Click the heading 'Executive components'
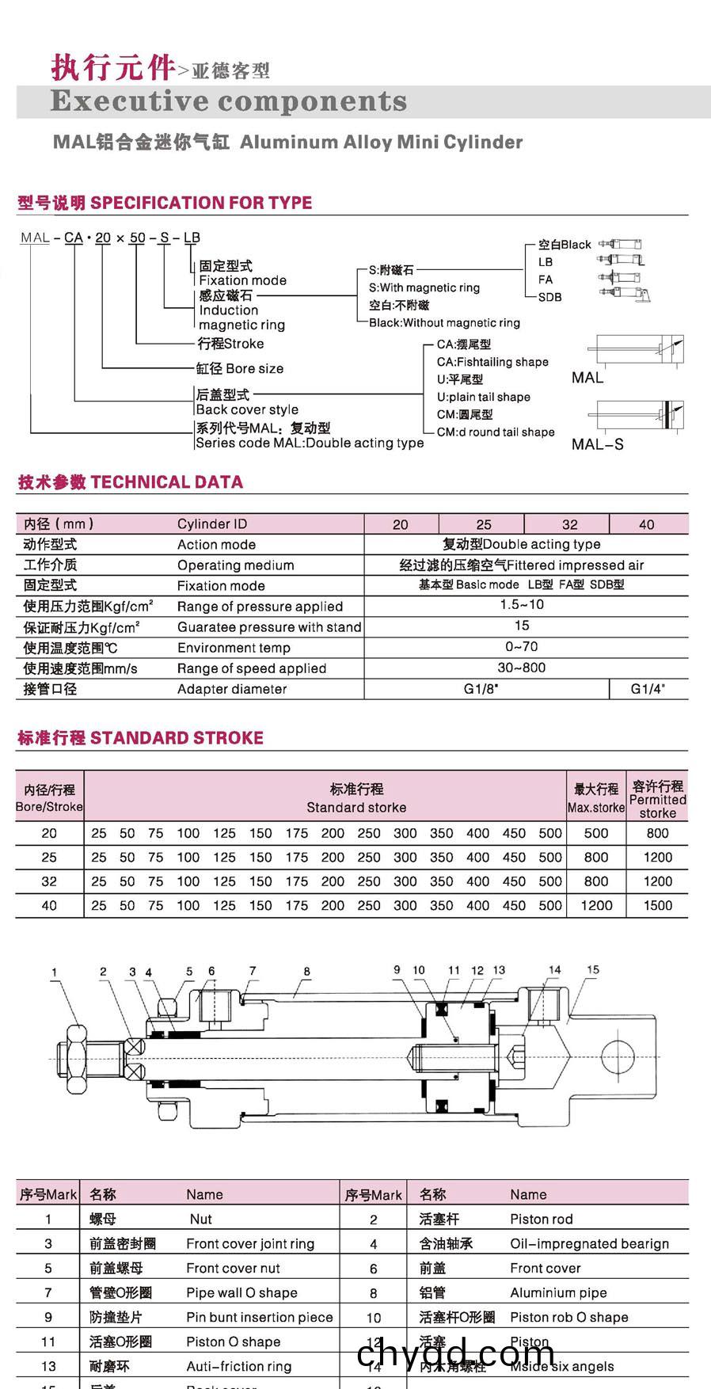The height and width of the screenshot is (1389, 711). [x=228, y=101]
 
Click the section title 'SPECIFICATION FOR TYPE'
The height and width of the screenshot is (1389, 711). [x=201, y=203]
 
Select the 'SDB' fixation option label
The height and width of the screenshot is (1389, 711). [x=549, y=297]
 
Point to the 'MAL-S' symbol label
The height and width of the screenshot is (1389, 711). [x=598, y=444]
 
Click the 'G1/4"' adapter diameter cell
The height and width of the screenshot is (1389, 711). [x=648, y=689]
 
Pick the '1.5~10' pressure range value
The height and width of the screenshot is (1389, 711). [x=522, y=605]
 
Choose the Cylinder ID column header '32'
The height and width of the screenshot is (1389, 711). [x=569, y=524]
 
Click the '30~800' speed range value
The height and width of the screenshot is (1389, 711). [x=522, y=668]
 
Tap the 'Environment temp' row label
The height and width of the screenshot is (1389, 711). [x=234, y=648]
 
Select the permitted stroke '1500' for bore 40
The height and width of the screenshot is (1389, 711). [x=657, y=905]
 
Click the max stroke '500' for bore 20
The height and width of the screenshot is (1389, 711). [x=596, y=833]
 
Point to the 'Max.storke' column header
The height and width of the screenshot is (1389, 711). [x=596, y=808]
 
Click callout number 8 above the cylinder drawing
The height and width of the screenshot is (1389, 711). [x=306, y=972]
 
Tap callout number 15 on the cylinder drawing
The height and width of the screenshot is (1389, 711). [x=593, y=969]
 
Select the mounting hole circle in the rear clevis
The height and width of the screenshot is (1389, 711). [x=618, y=1056]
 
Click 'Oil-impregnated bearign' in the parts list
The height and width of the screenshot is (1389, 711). [x=589, y=1244]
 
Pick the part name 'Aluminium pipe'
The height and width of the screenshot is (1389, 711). [x=558, y=1293]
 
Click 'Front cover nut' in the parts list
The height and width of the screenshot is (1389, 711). [x=233, y=1269]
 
